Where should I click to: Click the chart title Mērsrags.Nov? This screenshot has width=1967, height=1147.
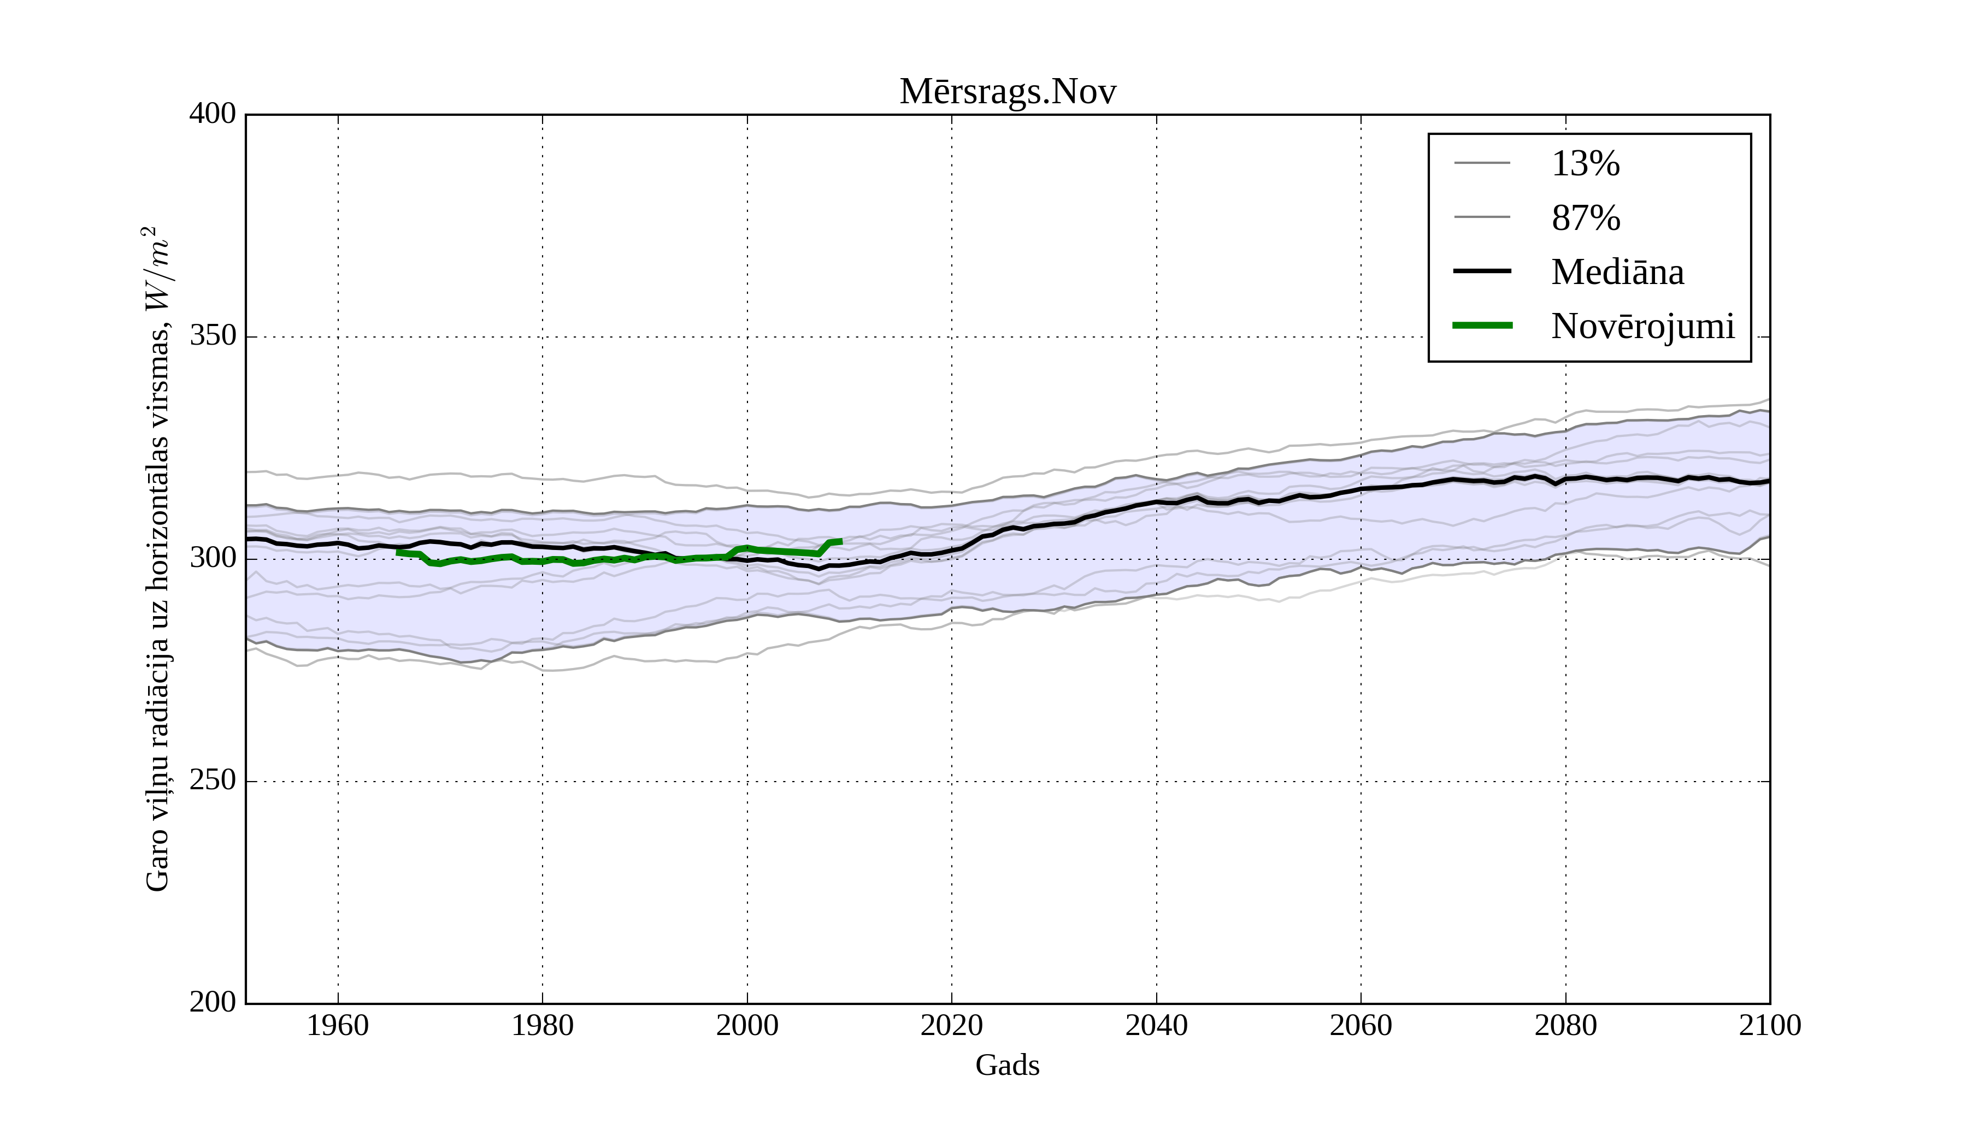pos(1007,92)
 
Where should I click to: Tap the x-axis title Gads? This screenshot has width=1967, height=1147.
pos(1007,1065)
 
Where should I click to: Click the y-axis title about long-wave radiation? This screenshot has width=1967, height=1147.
pos(157,559)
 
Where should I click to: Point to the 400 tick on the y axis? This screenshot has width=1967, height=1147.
pos(213,114)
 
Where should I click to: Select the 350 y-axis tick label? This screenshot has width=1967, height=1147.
pos(213,336)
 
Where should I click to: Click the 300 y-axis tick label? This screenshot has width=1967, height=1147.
pos(213,559)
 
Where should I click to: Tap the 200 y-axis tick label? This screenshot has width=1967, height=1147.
pos(213,1003)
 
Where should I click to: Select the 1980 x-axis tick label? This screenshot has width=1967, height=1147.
pos(543,1025)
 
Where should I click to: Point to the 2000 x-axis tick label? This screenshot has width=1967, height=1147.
pos(747,1025)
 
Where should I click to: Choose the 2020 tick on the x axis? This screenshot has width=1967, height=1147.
pos(951,1025)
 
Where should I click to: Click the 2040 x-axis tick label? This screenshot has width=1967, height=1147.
pos(1156,1025)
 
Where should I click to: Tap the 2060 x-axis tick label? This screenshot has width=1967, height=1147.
pos(1361,1025)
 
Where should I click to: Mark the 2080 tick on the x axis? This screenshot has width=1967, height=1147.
pos(1565,1025)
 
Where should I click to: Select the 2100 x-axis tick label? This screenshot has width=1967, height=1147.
pos(1770,1025)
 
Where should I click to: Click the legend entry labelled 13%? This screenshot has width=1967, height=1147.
pos(1585,164)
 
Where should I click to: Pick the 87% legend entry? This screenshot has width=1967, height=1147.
pos(1585,218)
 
